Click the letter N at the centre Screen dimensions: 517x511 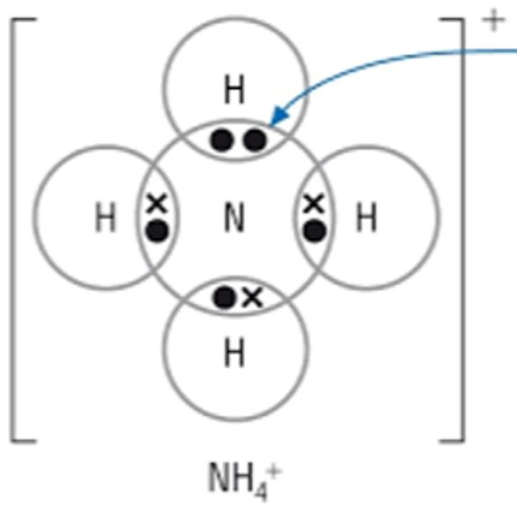(x=235, y=217)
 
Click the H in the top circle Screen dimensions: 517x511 (x=235, y=89)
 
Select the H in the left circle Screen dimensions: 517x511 (x=105, y=217)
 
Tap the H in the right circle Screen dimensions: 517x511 (x=366, y=216)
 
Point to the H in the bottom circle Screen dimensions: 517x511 (x=235, y=352)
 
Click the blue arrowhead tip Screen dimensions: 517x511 (x=271, y=125)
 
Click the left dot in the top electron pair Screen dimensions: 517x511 (x=221, y=141)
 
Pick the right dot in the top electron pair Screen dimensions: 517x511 (x=254, y=141)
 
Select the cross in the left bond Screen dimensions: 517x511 (x=157, y=203)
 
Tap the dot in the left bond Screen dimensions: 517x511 (x=157, y=232)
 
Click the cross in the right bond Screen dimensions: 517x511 (x=314, y=203)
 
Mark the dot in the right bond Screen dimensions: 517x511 (x=315, y=232)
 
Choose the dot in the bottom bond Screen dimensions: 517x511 (x=225, y=297)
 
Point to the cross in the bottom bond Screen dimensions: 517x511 (x=253, y=297)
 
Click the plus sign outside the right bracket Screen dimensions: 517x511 (x=494, y=21)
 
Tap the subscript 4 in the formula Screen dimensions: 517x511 (x=262, y=491)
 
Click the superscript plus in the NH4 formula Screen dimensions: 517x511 (x=274, y=472)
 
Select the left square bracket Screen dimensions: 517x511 (x=23, y=231)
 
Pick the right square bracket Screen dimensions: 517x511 (x=452, y=231)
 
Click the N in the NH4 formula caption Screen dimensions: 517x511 (x=218, y=477)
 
